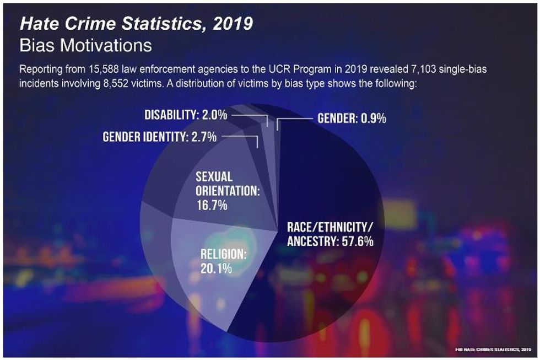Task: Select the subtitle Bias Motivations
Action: pyautogui.click(x=85, y=45)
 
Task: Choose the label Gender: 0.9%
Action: pyautogui.click(x=352, y=119)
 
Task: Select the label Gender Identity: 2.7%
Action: pyautogui.click(x=160, y=137)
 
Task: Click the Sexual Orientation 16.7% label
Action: pyautogui.click(x=227, y=191)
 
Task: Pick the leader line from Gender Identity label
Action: pyautogui.click(x=242, y=137)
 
